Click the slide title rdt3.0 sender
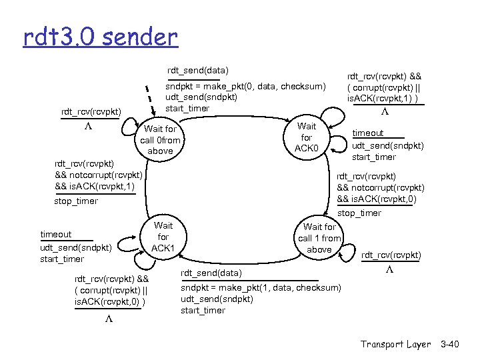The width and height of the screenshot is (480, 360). [101, 37]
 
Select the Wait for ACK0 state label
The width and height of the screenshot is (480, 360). [307, 137]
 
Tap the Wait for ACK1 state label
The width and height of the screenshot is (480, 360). [163, 237]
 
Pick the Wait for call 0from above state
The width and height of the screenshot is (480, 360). [160, 140]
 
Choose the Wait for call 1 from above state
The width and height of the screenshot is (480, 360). [319, 238]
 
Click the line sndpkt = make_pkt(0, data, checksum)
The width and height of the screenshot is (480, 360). [245, 86]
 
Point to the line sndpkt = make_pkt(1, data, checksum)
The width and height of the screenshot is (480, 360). [261, 287]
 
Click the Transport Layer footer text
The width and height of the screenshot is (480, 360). [396, 344]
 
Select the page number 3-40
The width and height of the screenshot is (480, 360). [450, 344]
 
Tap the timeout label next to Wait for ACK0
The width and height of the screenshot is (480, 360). [368, 133]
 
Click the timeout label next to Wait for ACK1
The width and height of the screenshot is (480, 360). [56, 235]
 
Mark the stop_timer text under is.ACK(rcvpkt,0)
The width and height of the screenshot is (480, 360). [360, 213]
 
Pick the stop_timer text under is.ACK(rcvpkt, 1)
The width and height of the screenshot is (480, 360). [75, 201]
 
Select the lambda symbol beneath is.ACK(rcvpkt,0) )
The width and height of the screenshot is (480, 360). [110, 319]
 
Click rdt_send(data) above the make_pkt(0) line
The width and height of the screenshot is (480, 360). [197, 70]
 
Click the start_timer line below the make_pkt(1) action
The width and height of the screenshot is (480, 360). [203, 311]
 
